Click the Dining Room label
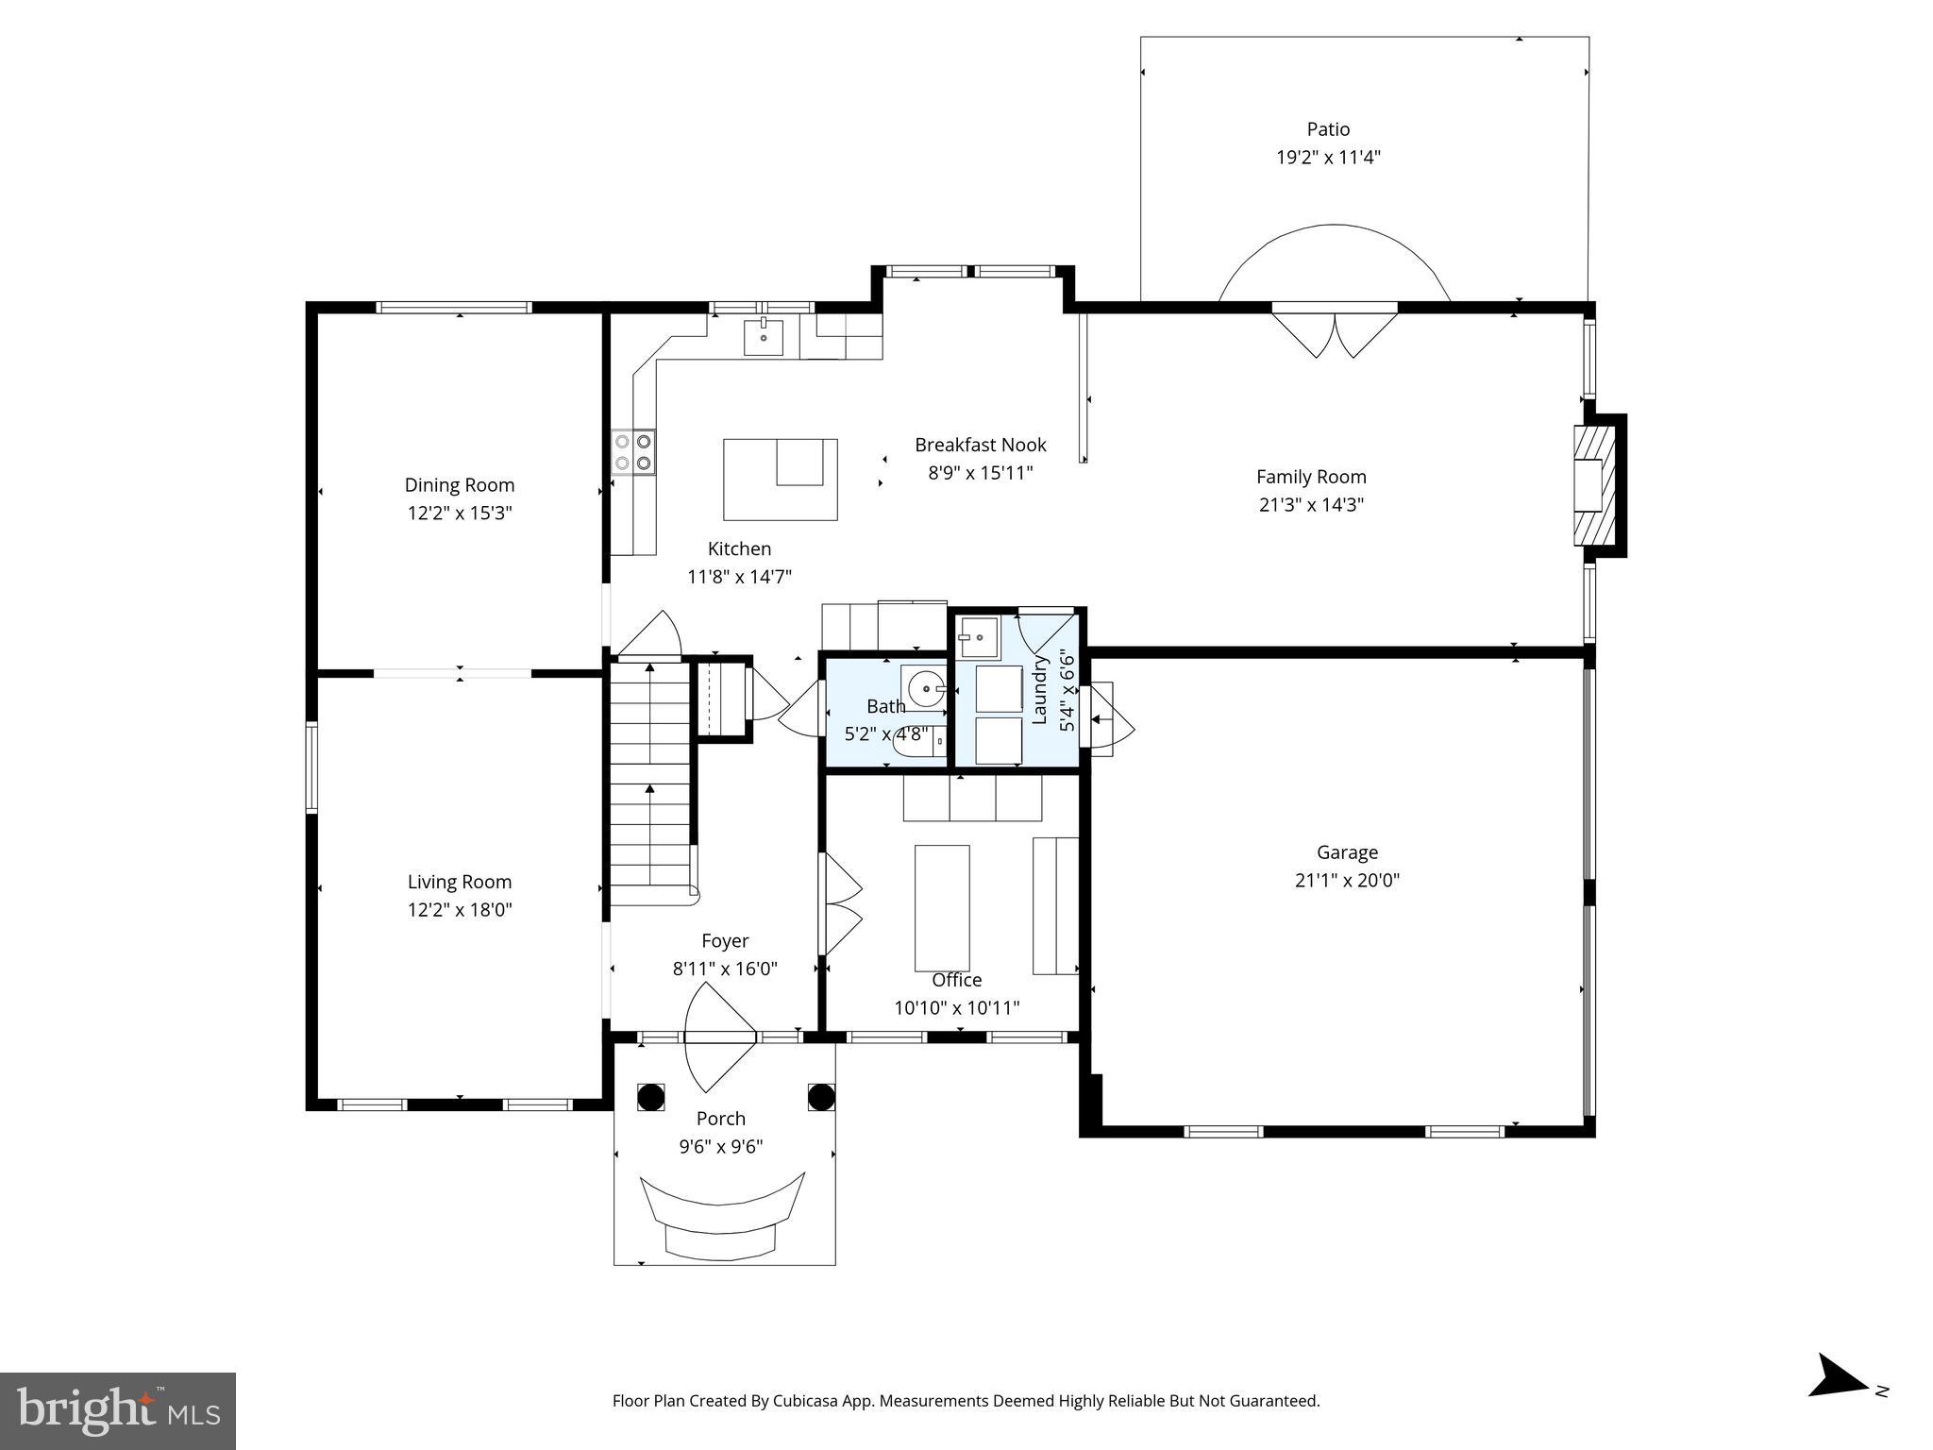click(x=460, y=485)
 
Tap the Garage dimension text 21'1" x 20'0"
click(x=1347, y=881)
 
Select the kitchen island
click(x=780, y=479)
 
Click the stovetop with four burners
click(x=633, y=451)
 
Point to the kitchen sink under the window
click(x=763, y=337)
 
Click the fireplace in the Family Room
click(x=1595, y=485)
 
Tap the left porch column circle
click(x=650, y=1097)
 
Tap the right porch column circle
click(x=821, y=1097)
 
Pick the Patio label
click(x=1328, y=129)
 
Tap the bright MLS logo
click(x=118, y=1410)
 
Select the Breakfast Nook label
click(x=980, y=445)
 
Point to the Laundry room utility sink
click(x=976, y=636)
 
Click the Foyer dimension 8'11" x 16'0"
click(x=725, y=969)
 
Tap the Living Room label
click(x=460, y=882)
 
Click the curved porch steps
click(x=723, y=1218)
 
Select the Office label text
click(x=956, y=980)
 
